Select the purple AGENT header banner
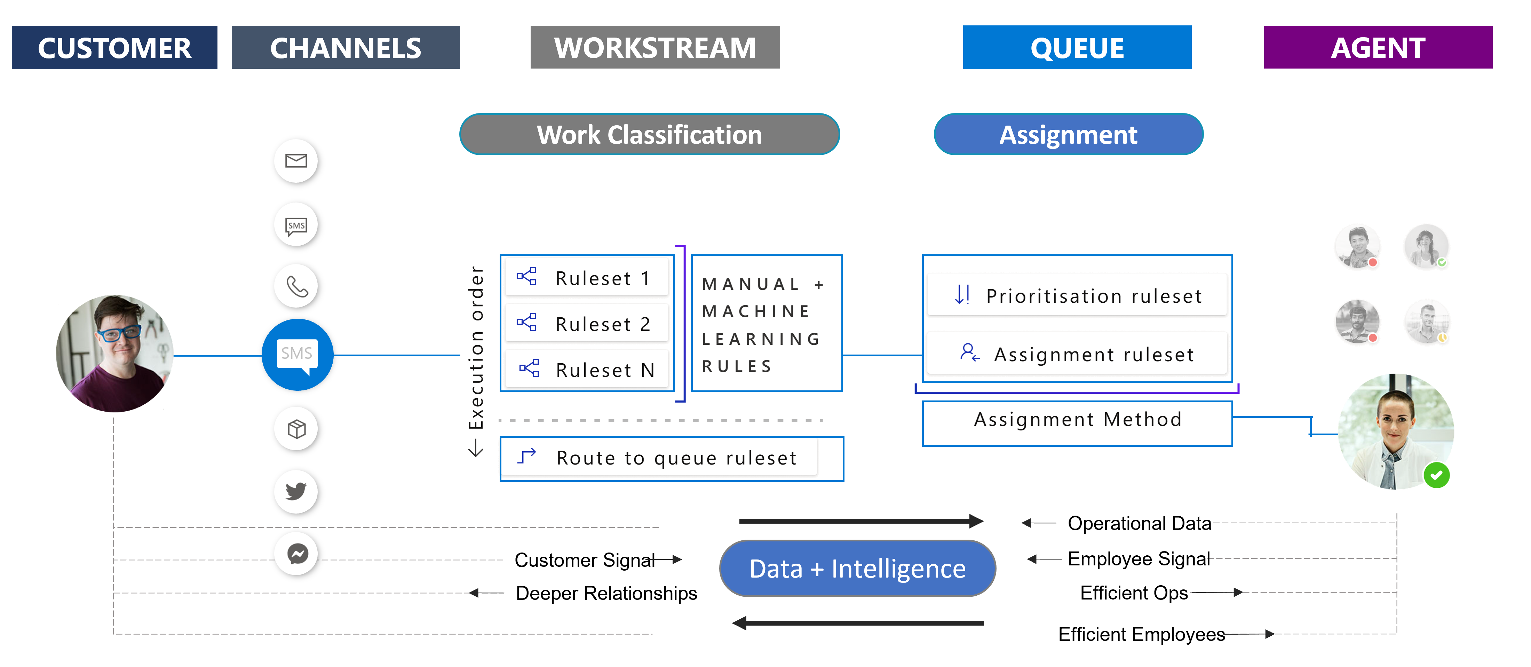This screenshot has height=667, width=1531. pyautogui.click(x=1377, y=48)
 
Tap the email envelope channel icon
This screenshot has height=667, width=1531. pyautogui.click(x=296, y=160)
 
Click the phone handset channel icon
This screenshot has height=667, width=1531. pyautogui.click(x=296, y=286)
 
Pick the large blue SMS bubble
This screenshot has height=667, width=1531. pyautogui.click(x=297, y=355)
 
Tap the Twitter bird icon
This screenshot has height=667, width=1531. pyautogui.click(x=296, y=491)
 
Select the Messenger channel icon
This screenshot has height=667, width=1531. pyautogui.click(x=297, y=554)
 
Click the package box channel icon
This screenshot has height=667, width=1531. pyautogui.click(x=296, y=429)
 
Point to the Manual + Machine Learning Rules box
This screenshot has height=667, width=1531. pyautogui.click(x=766, y=324)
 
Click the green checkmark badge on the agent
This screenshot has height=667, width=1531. pyautogui.click(x=1436, y=475)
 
